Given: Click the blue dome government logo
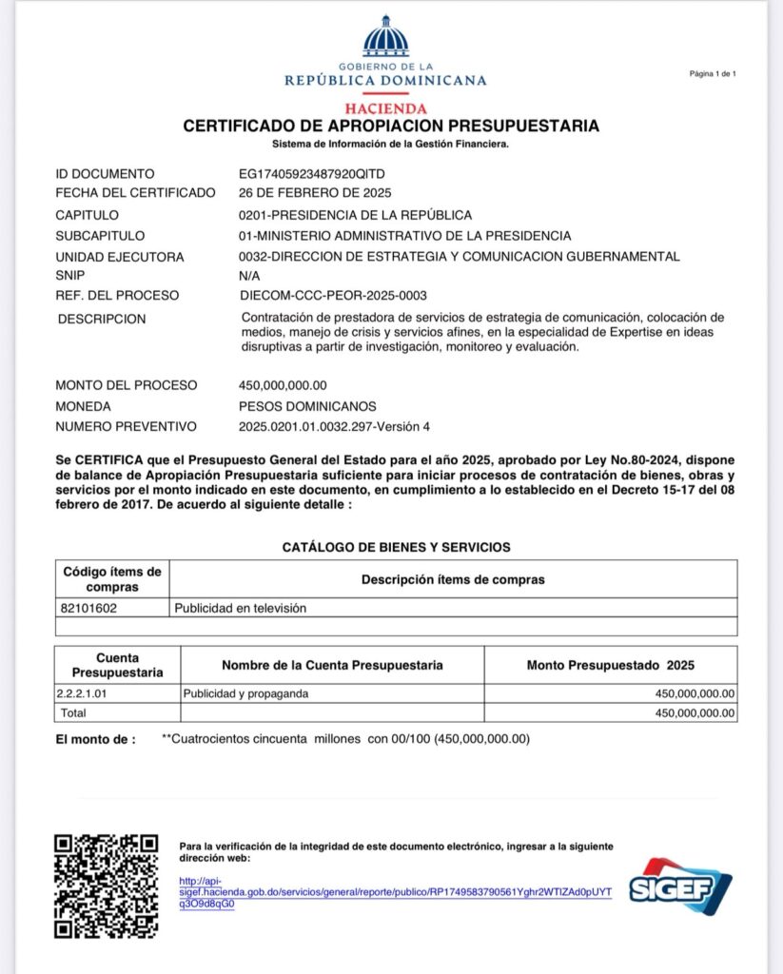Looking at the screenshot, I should (x=385, y=38).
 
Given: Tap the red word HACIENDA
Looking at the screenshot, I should (x=385, y=108).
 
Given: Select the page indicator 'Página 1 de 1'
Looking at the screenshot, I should (x=712, y=73).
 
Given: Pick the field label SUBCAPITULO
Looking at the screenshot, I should (x=100, y=236).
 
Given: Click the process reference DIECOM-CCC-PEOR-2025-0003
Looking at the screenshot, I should (x=332, y=296).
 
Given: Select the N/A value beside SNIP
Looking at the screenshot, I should (x=249, y=276).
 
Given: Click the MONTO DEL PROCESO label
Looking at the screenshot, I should (x=127, y=385).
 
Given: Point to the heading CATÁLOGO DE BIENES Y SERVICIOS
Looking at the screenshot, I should (x=396, y=547).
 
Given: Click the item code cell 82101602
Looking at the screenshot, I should (x=88, y=608).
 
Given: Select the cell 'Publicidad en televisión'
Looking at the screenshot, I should (x=240, y=608).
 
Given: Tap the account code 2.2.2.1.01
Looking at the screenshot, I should (x=84, y=693).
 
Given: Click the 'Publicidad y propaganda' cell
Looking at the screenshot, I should (x=245, y=693).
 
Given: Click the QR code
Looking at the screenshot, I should (x=105, y=886).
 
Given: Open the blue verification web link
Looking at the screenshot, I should (x=395, y=892).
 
